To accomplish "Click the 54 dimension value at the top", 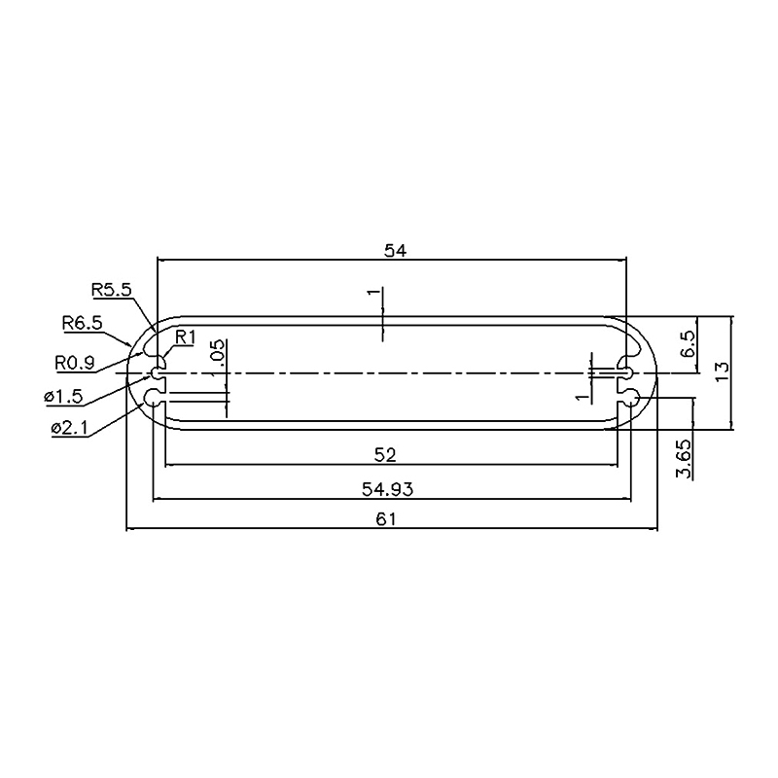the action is point(396,251).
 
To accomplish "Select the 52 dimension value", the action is point(385,455).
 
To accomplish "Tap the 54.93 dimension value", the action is point(387,490).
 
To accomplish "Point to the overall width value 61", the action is point(385,519).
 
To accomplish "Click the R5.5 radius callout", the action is point(112,290).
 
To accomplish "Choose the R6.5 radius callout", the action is point(83,323).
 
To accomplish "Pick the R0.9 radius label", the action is point(75,363).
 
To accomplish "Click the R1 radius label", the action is point(186,337).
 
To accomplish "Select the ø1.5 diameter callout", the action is point(63,397).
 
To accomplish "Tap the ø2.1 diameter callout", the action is point(69,428).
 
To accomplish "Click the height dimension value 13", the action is point(722,371).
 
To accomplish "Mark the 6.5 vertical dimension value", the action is point(689,344).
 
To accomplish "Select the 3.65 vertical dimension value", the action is point(685,458).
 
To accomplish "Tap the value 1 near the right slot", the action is point(582,397).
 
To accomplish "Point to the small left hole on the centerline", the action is point(157,372).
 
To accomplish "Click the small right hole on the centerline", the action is point(626,372).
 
